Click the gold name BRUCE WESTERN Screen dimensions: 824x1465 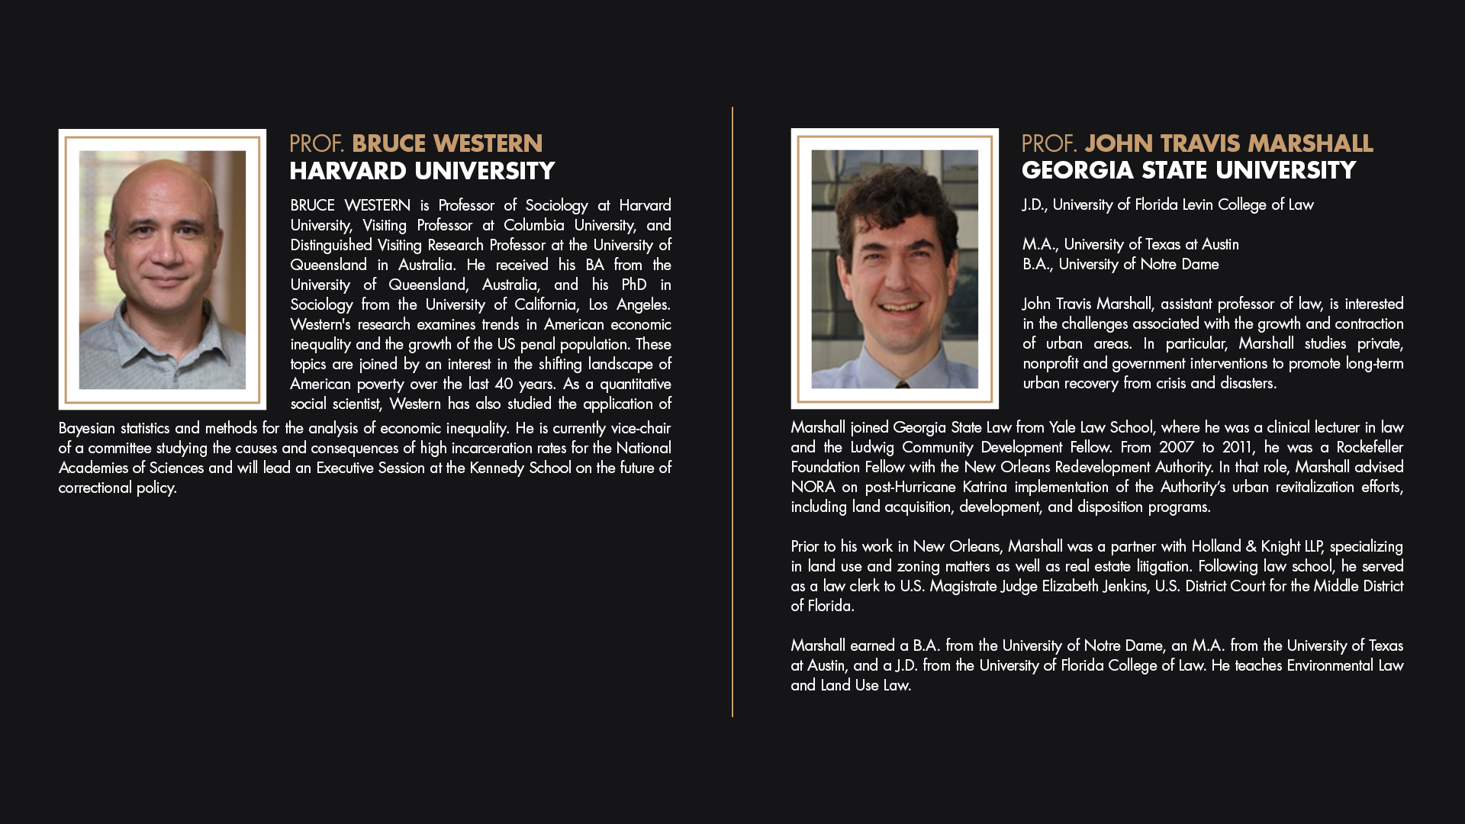pos(447,143)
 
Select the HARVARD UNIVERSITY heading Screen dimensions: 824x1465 pos(422,171)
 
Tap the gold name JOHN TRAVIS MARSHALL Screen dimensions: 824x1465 pos(1228,143)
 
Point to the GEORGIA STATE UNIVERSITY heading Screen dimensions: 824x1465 pos(1189,170)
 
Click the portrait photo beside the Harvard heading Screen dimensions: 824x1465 pos(163,269)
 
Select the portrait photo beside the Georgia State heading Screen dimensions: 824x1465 pos(894,269)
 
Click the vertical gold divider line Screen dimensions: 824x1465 pos(732,412)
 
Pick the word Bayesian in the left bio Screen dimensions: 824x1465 pos(86,428)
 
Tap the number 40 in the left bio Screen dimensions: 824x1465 pos(504,384)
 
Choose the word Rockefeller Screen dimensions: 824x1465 pos(1370,447)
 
